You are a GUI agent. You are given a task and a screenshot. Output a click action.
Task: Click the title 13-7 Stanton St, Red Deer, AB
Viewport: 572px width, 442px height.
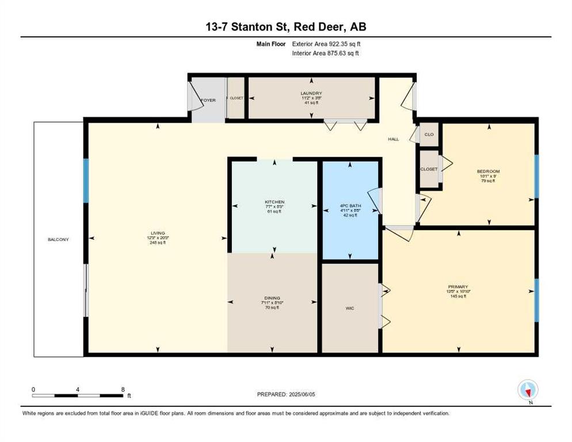(285, 28)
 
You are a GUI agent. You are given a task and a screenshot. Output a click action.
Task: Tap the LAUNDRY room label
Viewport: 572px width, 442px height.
(311, 93)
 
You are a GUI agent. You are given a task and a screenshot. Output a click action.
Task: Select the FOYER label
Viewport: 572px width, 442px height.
(208, 100)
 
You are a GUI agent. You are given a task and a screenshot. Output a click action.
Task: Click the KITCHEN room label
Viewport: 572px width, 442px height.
(274, 202)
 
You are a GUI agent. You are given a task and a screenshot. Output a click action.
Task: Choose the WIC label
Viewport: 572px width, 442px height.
(349, 308)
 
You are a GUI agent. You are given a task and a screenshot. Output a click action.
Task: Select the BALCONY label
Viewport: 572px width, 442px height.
(58, 239)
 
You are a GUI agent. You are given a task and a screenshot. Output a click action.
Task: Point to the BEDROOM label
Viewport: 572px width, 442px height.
(488, 172)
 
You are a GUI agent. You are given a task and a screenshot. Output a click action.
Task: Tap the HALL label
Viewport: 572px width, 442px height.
(393, 139)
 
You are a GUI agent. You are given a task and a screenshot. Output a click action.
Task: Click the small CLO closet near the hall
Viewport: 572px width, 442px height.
(429, 135)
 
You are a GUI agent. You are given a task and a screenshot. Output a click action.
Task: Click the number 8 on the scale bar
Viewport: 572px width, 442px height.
(123, 389)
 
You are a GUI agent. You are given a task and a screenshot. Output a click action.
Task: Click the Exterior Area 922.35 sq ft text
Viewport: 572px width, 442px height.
(326, 44)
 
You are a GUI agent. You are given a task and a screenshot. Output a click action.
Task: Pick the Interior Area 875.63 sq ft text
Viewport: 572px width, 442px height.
(326, 53)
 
